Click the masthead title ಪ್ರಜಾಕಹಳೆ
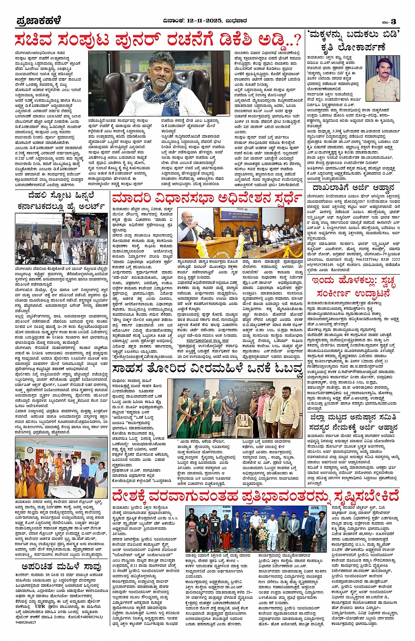click(39, 21)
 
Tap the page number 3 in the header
click(394, 22)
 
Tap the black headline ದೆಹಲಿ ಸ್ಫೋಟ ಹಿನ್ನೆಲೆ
click(61, 195)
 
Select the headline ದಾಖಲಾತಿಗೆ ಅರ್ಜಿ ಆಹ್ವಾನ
click(353, 187)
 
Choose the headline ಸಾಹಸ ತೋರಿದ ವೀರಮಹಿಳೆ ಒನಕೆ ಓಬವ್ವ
click(207, 369)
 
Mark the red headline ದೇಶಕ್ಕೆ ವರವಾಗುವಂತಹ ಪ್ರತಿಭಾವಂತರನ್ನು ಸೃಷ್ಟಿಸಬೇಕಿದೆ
click(255, 496)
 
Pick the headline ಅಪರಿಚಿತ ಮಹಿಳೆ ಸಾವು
click(61, 567)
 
